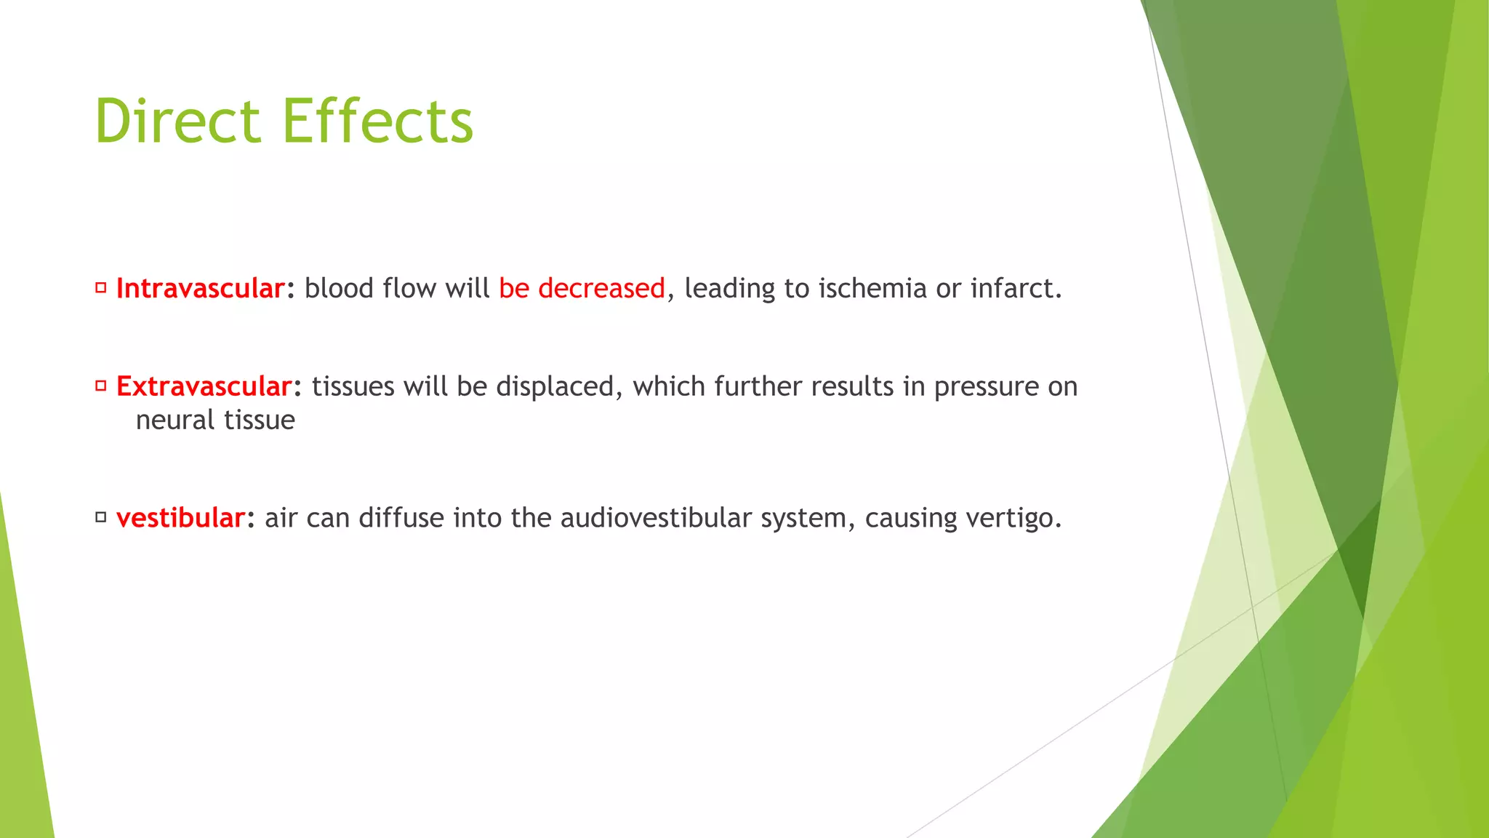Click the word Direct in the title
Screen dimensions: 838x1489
click(177, 121)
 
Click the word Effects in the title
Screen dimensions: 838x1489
click(378, 121)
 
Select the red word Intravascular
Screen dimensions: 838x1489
click(200, 289)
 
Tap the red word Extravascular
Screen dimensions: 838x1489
click(204, 386)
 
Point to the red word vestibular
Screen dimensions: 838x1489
click(180, 518)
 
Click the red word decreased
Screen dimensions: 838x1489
click(601, 289)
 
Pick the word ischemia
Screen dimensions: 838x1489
click(872, 289)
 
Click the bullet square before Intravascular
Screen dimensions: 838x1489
click(101, 288)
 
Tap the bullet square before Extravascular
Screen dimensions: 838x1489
click(101, 386)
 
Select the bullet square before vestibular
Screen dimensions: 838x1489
click(101, 517)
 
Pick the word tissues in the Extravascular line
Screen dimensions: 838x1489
click(353, 386)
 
